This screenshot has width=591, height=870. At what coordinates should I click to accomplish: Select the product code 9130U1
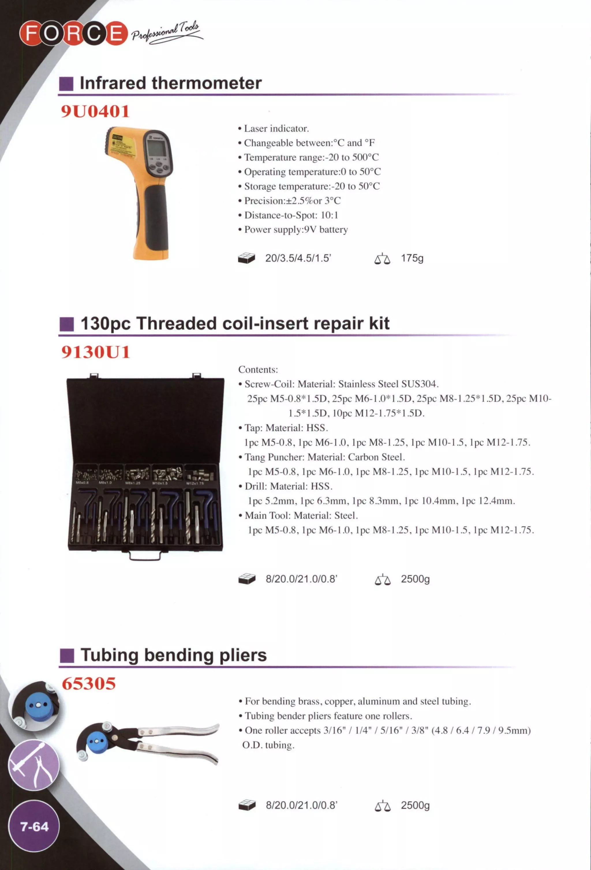96,352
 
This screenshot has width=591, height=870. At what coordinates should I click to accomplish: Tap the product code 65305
89,683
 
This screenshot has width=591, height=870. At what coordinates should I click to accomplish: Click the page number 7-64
34,826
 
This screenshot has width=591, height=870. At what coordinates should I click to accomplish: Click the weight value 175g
412,258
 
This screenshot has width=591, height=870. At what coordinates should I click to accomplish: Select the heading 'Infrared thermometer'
170,83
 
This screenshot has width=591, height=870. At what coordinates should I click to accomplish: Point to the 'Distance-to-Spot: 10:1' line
291,215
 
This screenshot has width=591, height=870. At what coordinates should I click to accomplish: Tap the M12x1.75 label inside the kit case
195,483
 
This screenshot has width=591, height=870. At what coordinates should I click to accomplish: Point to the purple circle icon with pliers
34,765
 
